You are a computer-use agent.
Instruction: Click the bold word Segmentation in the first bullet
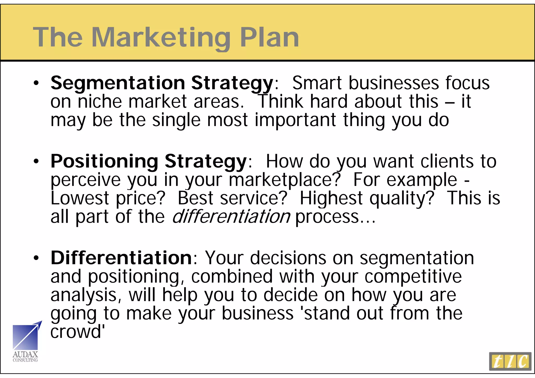[x=118, y=83]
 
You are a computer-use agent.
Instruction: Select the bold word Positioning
[x=104, y=161]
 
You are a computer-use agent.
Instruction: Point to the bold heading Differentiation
[x=121, y=258]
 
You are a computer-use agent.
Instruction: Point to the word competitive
[x=413, y=277]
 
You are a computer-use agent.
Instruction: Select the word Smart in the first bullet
[x=317, y=83]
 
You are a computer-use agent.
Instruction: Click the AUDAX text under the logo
[x=25, y=355]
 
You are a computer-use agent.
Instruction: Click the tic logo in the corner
[x=510, y=362]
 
